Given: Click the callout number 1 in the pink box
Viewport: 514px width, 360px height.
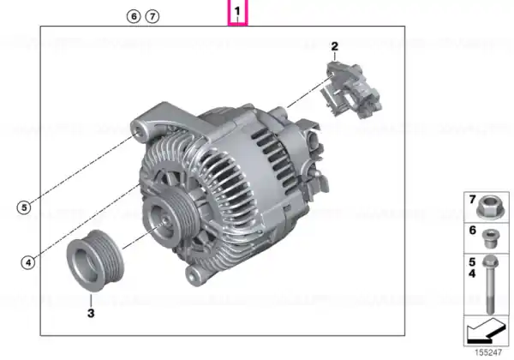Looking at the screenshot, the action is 237,11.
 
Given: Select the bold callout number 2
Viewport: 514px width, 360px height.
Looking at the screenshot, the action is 334,46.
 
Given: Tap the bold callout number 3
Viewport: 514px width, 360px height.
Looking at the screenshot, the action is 91,313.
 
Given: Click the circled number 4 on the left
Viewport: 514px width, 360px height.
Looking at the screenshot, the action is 28,262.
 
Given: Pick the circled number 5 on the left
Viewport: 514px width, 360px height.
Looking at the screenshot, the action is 24,207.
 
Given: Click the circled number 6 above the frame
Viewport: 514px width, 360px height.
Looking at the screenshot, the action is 134,16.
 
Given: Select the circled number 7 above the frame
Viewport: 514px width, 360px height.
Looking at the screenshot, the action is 152,16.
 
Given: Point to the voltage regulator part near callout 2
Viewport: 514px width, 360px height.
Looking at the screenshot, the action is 351,89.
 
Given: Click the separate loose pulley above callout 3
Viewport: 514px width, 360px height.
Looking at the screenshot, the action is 95,261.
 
